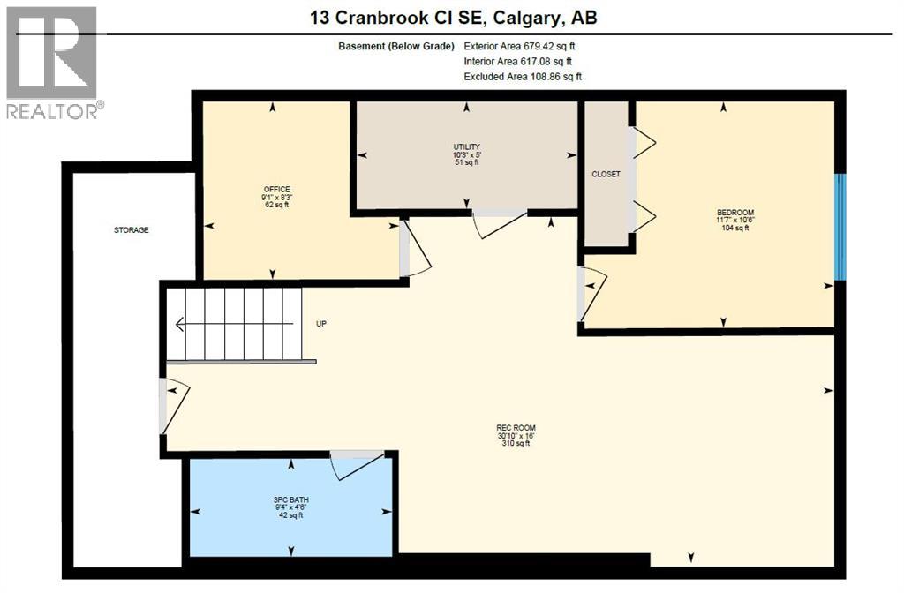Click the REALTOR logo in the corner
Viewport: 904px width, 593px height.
coord(53,62)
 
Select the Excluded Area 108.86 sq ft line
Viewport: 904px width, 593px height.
coord(523,77)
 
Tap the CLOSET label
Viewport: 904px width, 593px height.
coord(606,174)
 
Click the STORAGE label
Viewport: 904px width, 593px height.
coord(131,230)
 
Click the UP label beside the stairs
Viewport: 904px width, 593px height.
coord(321,324)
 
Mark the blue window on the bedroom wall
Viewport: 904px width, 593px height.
coord(840,227)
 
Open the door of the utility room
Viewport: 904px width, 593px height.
coord(500,223)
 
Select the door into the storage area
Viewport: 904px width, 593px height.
coord(173,405)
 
